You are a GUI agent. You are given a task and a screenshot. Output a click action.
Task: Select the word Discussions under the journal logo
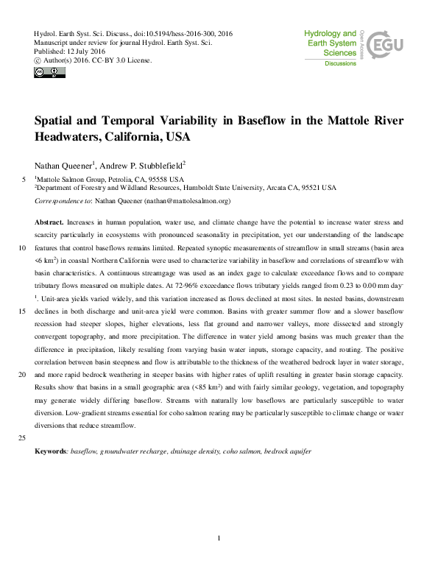coord(340,64)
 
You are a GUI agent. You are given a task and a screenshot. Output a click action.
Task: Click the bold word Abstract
coord(49,222)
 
